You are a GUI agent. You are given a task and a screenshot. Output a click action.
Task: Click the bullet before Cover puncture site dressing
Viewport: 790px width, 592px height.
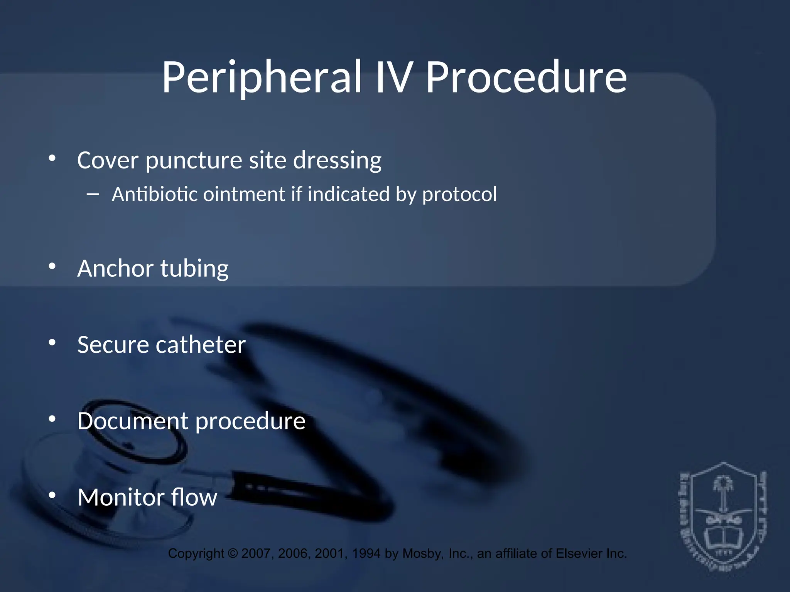52,158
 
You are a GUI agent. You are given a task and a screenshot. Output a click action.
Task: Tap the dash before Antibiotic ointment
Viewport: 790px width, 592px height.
93,195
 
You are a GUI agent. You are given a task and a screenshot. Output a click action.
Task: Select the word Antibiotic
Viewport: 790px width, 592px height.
155,194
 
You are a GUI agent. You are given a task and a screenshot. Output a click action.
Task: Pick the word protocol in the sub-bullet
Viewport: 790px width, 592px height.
459,195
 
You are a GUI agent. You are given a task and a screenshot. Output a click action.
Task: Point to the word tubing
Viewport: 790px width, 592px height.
194,269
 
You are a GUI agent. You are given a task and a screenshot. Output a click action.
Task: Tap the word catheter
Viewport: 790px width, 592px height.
200,345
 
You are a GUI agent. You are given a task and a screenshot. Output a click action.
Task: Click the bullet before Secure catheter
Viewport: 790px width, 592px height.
52,342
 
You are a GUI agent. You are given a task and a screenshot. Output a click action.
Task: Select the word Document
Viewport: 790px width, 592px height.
132,420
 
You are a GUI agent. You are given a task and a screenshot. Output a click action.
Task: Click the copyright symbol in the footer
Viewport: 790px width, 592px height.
233,553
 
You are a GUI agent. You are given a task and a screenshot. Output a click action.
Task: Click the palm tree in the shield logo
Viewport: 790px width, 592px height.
722,495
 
